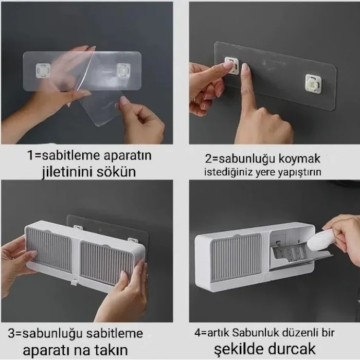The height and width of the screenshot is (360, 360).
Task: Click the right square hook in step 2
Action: click(313, 83)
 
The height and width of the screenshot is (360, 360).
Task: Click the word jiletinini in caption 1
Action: click(70, 171)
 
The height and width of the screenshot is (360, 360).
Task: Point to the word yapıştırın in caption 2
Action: click(298, 172)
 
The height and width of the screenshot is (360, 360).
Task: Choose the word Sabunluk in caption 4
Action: click(257, 333)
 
